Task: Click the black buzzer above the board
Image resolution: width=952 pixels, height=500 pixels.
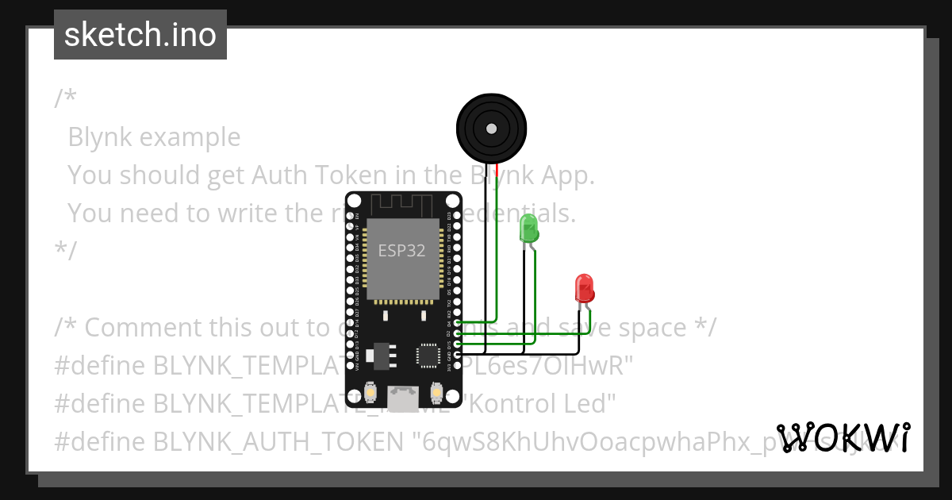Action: coord(491,127)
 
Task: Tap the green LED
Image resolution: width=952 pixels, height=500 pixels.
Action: coord(528,229)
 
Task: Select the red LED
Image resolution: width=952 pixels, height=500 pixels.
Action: coord(584,288)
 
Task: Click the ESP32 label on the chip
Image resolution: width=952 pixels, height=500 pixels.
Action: coord(401,252)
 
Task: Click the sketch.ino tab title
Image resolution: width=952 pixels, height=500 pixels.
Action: coord(140,35)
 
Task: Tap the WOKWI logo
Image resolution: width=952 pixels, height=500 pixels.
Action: coord(843,437)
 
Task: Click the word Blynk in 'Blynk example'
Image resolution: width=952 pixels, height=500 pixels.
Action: coord(100,137)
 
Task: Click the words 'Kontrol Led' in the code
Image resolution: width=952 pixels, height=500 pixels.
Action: coord(541,403)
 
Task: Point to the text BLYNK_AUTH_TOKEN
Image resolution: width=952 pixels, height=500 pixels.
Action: coord(278,441)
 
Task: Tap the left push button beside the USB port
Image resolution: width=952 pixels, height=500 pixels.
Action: coord(370,392)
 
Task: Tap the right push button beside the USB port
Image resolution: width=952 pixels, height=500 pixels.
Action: coord(436,392)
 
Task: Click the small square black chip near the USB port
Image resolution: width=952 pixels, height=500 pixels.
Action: coord(429,355)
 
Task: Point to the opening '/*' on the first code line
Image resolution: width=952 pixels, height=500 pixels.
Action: coord(65,98)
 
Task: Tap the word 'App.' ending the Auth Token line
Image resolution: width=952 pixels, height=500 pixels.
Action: coord(568,175)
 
